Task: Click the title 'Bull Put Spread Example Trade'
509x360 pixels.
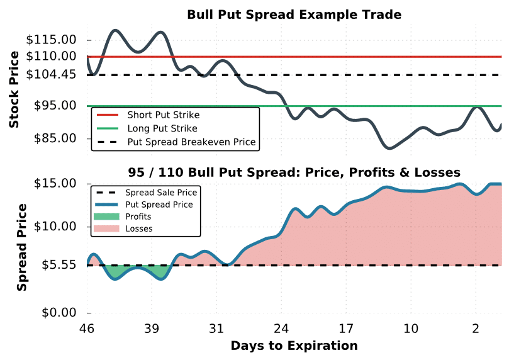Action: [x=294, y=14]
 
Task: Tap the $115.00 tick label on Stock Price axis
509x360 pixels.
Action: [x=52, y=40]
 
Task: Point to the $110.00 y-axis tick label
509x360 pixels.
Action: [x=52, y=56]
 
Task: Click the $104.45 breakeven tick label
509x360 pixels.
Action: [x=52, y=74]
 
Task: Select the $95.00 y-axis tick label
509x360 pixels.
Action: [x=55, y=106]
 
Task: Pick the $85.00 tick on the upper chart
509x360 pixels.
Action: [x=55, y=138]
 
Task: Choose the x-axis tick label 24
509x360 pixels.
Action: [x=281, y=329]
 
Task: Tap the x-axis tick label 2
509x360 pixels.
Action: [x=476, y=329]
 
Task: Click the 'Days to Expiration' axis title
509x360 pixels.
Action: [x=294, y=346]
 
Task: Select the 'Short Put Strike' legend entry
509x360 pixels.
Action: [x=163, y=115]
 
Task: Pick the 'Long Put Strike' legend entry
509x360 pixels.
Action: [x=162, y=128]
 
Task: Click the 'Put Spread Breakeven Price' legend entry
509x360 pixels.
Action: [x=191, y=142]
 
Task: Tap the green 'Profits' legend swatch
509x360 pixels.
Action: [x=106, y=217]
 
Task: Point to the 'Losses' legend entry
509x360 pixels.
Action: [x=138, y=228]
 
